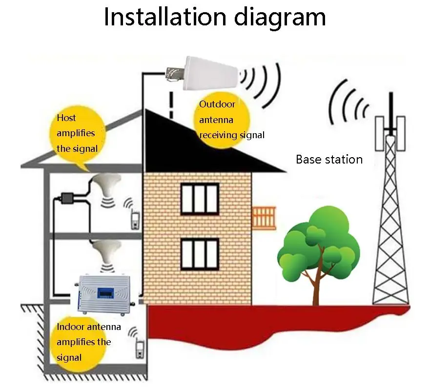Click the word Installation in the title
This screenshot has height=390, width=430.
point(165,17)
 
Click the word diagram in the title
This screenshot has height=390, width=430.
point(280,19)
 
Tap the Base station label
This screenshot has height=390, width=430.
point(329,159)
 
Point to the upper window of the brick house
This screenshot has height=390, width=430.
point(200,199)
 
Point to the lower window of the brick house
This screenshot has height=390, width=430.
point(200,254)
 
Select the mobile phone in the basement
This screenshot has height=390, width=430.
point(140,349)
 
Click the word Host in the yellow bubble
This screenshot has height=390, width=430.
point(66,118)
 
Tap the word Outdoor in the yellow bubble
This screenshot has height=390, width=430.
point(217,104)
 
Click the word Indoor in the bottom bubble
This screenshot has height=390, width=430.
point(70,327)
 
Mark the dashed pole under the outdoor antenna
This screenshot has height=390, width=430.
point(171,105)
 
